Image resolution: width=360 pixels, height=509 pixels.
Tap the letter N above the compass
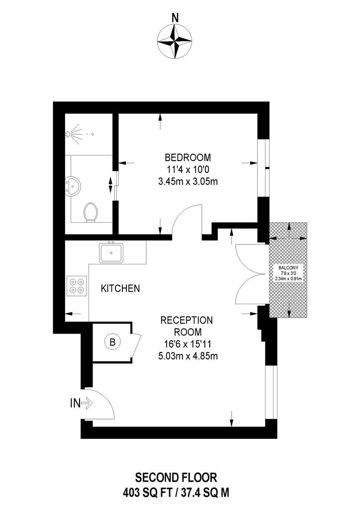pyautogui.click(x=176, y=18)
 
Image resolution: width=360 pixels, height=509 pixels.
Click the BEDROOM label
pyautogui.click(x=187, y=158)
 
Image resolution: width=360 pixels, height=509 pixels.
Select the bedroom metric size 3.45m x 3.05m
pyautogui.click(x=187, y=181)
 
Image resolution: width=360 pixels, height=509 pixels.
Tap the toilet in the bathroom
pyautogui.click(x=90, y=212)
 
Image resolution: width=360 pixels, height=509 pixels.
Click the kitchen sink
pyautogui.click(x=111, y=253)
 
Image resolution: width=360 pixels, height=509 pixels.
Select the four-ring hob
pyautogui.click(x=77, y=286)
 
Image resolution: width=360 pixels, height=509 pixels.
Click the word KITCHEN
pyautogui.click(x=120, y=288)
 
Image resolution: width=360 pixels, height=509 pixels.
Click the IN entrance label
pyautogui.click(x=75, y=404)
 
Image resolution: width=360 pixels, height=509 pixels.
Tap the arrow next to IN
pyautogui.click(x=87, y=404)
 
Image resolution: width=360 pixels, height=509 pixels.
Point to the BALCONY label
pyautogui.click(x=288, y=268)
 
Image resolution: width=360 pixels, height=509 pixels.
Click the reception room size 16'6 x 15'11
pyautogui.click(x=187, y=344)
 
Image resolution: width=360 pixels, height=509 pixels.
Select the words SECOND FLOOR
pyautogui.click(x=176, y=478)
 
